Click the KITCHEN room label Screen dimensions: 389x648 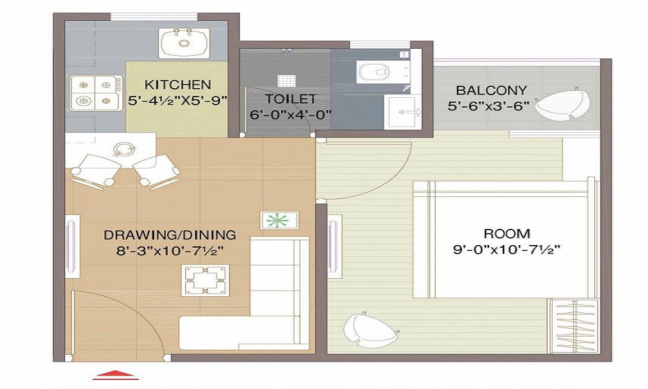(x=178, y=84)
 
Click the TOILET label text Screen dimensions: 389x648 (x=290, y=99)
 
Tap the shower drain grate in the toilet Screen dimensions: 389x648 (x=286, y=80)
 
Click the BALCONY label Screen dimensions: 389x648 (x=491, y=90)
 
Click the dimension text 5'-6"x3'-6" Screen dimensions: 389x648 (x=489, y=105)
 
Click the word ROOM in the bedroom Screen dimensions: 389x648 (x=507, y=233)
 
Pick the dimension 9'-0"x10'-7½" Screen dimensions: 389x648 (x=507, y=248)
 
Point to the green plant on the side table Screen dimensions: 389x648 (x=280, y=220)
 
